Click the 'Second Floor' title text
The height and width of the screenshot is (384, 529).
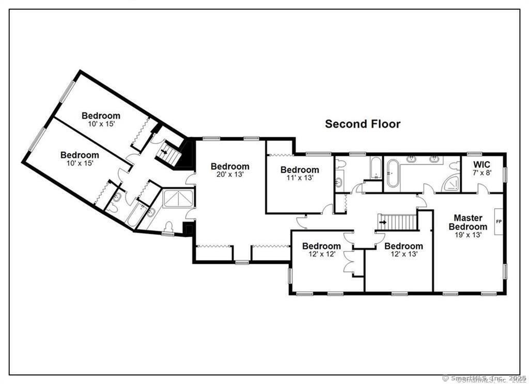362,124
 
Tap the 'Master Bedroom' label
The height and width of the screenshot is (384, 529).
468,222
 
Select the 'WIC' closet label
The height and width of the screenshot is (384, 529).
481,165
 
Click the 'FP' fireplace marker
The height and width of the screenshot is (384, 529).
499,221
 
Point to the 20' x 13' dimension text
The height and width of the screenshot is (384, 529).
230,174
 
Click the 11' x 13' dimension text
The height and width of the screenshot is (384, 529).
300,178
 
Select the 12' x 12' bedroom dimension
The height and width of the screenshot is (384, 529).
321,254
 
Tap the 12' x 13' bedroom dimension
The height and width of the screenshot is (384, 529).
403,254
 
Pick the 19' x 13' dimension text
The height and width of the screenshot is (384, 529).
468,234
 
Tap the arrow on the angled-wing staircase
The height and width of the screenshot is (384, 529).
165,152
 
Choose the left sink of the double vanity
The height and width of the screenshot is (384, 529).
412,159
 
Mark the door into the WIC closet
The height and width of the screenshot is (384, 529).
482,189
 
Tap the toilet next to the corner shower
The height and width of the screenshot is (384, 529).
454,166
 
